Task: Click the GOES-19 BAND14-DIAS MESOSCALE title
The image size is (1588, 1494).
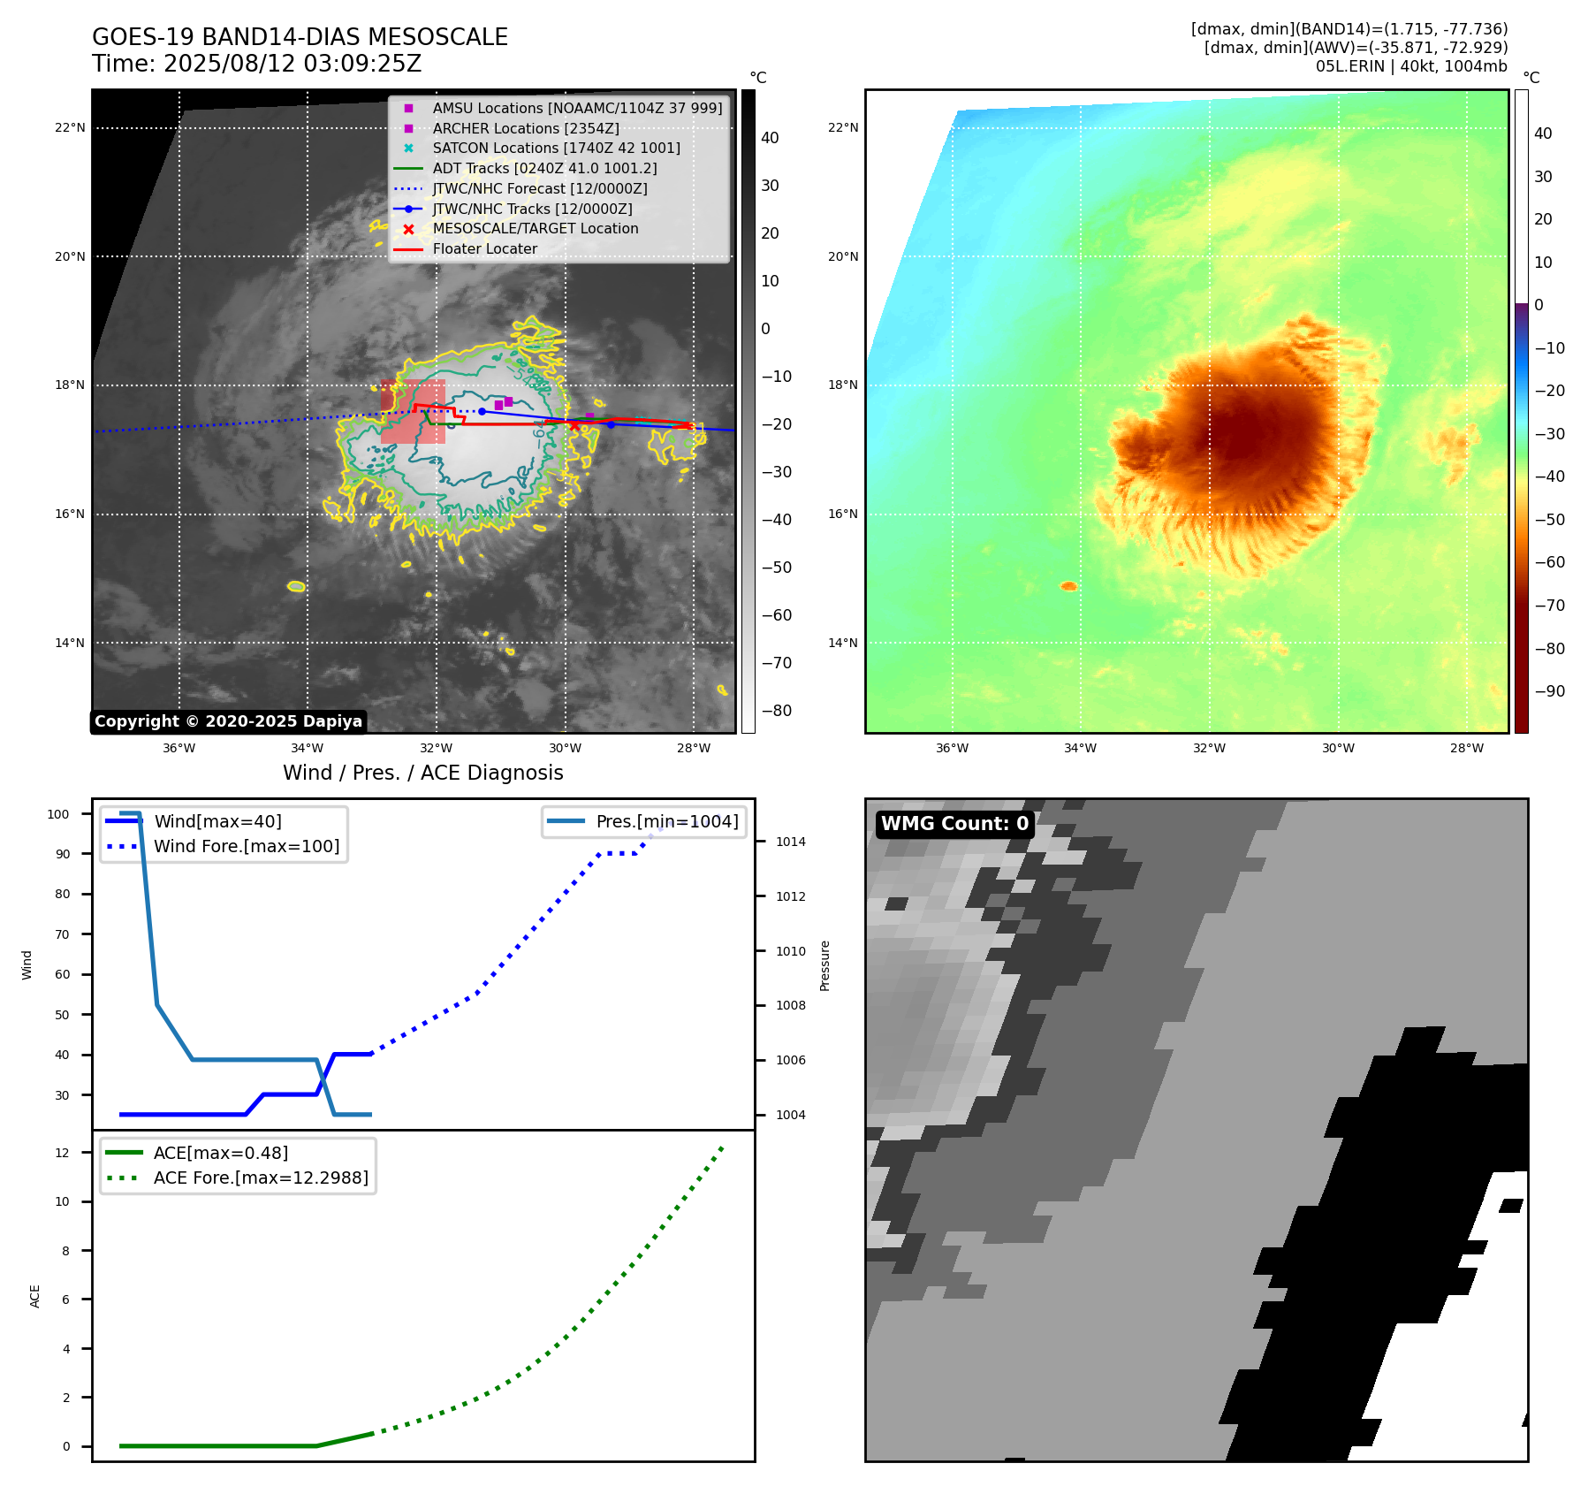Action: [x=300, y=37]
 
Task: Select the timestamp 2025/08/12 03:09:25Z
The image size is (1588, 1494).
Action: [x=293, y=64]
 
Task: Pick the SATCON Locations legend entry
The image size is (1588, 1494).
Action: [x=556, y=148]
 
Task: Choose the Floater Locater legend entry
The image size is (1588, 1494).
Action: [x=484, y=248]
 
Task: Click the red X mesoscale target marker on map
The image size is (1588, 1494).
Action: [x=574, y=425]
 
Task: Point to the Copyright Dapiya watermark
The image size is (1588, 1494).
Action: [x=228, y=721]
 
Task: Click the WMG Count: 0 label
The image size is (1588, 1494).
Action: [x=954, y=824]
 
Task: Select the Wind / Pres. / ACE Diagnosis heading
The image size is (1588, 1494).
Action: [x=422, y=773]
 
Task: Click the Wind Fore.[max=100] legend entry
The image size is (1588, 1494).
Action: [x=247, y=846]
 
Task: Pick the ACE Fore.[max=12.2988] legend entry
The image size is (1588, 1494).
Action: [x=261, y=1178]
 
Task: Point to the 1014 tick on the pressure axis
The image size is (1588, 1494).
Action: [x=790, y=842]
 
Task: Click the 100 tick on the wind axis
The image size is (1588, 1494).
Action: [x=58, y=814]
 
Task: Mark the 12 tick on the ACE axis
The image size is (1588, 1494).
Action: [x=62, y=1153]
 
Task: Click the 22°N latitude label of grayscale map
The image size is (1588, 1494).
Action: [x=70, y=127]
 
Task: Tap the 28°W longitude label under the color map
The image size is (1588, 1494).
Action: [x=1466, y=748]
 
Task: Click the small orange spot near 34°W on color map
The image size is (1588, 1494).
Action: [x=1068, y=586]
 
